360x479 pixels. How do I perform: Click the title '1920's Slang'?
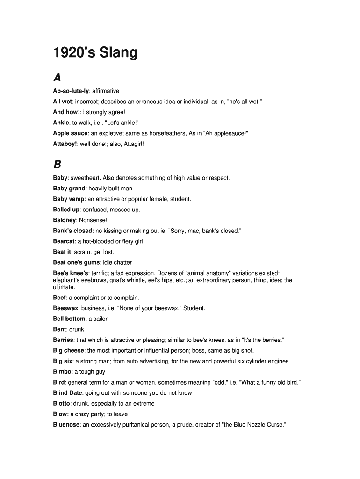point(95,53)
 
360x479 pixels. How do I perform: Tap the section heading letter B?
point(57,164)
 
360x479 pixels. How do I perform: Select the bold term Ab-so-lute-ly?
point(71,91)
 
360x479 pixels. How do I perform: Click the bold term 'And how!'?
point(66,112)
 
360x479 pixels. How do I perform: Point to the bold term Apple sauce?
point(70,133)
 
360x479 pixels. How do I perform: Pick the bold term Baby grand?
point(69,189)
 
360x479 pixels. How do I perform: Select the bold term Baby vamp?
point(69,199)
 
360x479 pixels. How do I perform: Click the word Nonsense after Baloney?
point(93,220)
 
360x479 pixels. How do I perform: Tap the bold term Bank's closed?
point(72,231)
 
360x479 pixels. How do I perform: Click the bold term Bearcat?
point(64,241)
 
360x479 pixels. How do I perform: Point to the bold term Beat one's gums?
point(76,262)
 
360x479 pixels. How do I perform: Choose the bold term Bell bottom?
point(69,319)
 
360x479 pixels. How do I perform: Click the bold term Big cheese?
point(69,350)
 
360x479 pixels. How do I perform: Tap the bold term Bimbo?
point(62,372)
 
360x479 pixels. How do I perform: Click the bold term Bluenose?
point(66,425)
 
